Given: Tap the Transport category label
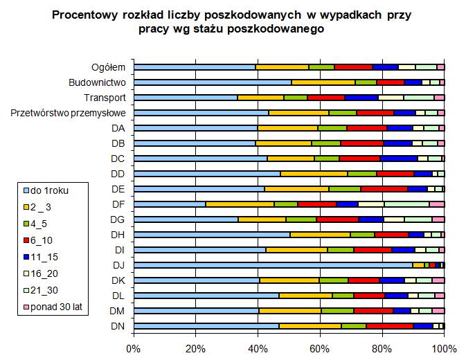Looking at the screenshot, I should tap(105, 98).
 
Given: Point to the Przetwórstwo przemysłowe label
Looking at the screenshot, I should tap(69, 113).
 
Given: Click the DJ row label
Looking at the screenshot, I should tap(118, 264).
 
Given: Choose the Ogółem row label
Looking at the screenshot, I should tap(109, 67).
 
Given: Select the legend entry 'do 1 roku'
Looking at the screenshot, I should tap(51, 189).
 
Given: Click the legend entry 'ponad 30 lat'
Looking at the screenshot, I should tap(56, 307).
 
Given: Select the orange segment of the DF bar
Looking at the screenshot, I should tap(240, 204).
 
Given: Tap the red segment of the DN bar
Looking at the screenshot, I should tap(389, 325).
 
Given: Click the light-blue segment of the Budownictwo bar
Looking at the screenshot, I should tap(213, 82).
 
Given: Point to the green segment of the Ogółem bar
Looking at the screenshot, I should tap(321, 67).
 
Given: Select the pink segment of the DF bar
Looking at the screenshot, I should tap(437, 204).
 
